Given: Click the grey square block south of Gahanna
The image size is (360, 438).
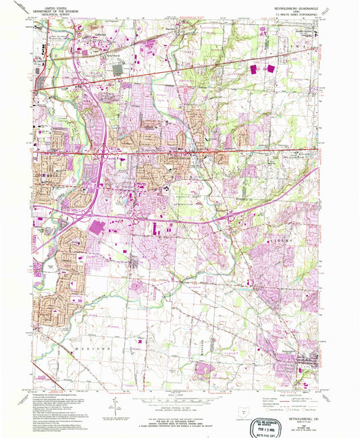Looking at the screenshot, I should (x=118, y=68).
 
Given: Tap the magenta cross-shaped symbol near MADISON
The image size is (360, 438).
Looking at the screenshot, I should (x=139, y=341).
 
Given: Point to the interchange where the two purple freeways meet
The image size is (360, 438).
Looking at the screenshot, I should (x=103, y=156).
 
